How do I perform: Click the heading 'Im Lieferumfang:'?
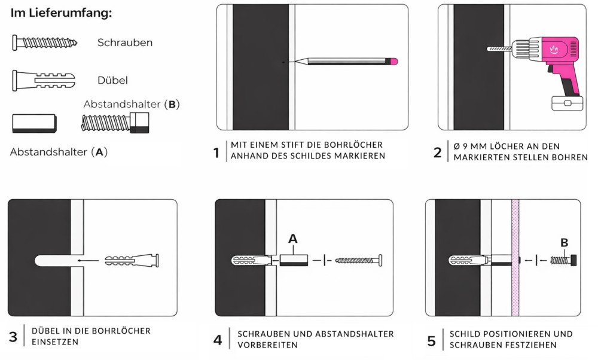(61, 13)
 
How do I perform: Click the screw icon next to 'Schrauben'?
(45, 42)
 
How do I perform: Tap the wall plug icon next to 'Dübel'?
(44, 80)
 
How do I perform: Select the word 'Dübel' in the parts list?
(112, 80)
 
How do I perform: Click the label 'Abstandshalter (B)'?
(132, 104)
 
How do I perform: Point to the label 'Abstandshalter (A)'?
(59, 152)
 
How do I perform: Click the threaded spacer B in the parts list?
(115, 123)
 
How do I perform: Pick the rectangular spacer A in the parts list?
(33, 123)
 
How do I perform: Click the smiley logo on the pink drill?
(553, 50)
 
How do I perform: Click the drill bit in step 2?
(498, 48)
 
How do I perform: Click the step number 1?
(216, 152)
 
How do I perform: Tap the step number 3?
(13, 337)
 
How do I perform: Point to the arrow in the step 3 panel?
(90, 261)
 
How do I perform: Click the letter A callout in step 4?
(292, 239)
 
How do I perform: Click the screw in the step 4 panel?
(358, 261)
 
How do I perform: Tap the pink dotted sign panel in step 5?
(515, 257)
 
